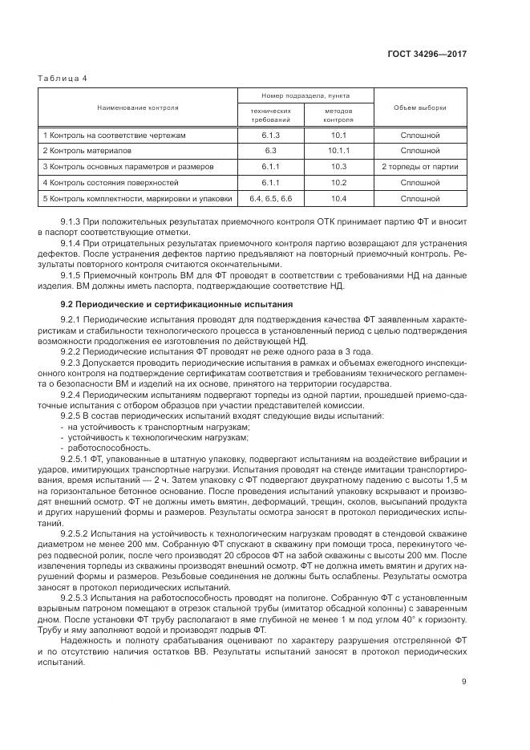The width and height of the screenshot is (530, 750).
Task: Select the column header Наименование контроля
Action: click(x=138, y=107)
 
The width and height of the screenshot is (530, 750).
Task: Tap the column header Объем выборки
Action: click(x=420, y=107)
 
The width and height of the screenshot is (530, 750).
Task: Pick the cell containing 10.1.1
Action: click(x=338, y=150)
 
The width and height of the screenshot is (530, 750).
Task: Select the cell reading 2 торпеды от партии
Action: click(x=420, y=166)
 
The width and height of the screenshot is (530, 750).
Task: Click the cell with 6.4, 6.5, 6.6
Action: click(x=270, y=197)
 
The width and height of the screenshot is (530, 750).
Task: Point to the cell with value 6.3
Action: click(x=270, y=150)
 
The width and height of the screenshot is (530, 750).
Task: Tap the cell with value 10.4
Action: click(x=338, y=197)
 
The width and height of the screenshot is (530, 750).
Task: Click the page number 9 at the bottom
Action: click(x=464, y=682)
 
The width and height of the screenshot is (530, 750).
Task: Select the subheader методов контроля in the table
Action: click(x=338, y=115)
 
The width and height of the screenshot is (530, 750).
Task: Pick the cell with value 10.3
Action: click(x=338, y=166)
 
